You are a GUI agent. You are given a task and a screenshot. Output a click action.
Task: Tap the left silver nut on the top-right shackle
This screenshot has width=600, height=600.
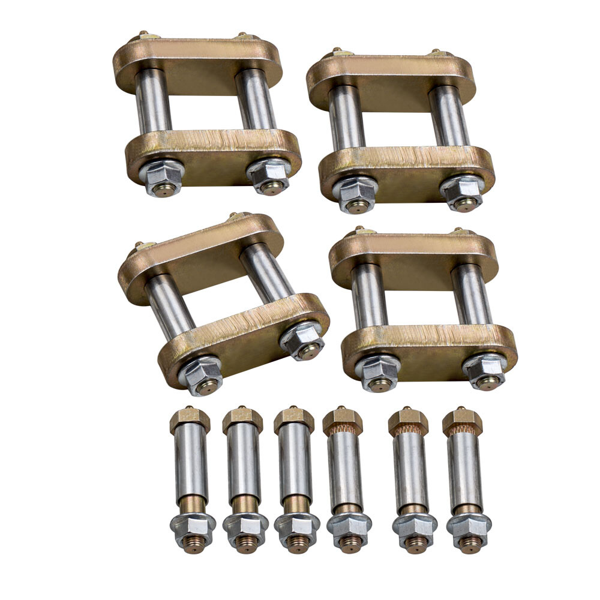point(355,192)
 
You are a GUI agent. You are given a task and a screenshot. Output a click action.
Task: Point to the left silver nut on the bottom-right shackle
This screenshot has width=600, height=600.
point(377,370)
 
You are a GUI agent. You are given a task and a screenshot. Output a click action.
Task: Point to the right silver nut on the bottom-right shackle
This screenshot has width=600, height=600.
point(484,370)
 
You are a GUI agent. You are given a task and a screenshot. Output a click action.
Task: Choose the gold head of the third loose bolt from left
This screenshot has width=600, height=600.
point(294,420)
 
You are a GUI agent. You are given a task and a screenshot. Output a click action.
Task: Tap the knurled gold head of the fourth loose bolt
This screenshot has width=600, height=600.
point(343,422)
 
